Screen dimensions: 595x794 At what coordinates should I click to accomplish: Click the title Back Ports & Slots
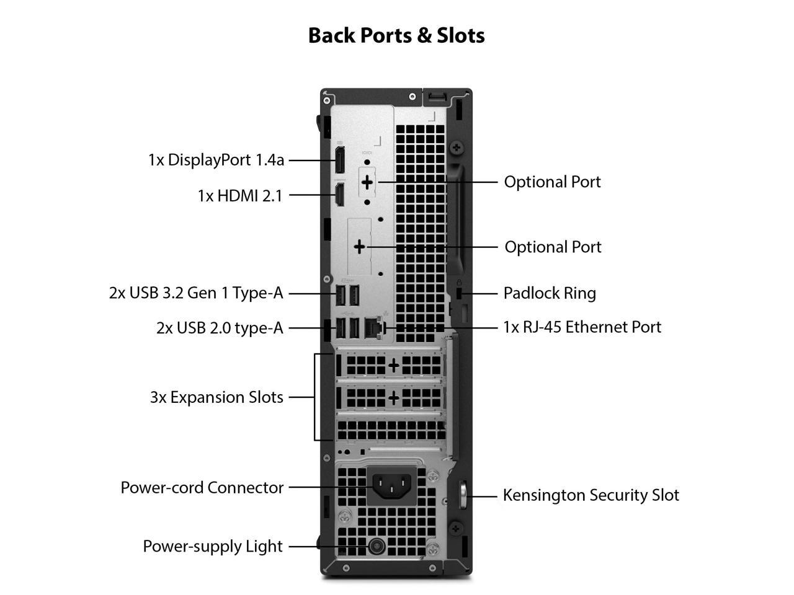[396, 35]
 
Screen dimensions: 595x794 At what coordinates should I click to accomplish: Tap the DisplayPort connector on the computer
[340, 160]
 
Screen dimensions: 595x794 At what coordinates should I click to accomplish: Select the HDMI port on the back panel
[340, 195]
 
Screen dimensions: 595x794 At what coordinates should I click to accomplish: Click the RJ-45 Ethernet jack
[373, 327]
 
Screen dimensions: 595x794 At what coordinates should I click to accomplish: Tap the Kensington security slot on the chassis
[463, 495]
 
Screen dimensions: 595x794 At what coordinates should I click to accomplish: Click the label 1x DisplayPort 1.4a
[216, 160]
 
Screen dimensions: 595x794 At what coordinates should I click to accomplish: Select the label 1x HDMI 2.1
[240, 196]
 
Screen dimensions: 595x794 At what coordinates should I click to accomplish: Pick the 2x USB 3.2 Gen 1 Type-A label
[196, 293]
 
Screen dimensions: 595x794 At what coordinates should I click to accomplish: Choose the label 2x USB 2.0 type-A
[220, 327]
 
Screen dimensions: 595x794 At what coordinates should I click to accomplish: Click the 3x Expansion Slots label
[216, 397]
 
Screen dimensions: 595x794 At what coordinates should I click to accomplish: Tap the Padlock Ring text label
[550, 293]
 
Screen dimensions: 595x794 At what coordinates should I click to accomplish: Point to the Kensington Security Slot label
[591, 495]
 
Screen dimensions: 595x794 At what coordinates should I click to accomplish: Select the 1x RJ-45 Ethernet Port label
[582, 327]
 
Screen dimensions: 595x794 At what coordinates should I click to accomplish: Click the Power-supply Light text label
[213, 546]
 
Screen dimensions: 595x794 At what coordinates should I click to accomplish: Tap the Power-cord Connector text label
[202, 488]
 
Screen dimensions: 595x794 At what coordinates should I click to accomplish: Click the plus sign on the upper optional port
[367, 182]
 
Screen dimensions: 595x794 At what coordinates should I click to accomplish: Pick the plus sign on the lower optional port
[360, 247]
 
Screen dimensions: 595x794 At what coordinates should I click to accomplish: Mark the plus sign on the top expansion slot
[393, 365]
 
